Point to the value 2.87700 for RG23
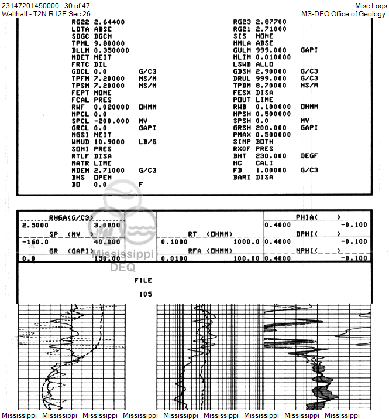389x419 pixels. click(x=271, y=22)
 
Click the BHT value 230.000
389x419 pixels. click(x=271, y=156)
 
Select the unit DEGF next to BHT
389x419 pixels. click(x=309, y=156)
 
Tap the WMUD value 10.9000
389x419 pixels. click(x=111, y=142)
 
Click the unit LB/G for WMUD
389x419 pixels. click(x=148, y=142)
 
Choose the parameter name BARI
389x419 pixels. click(x=242, y=177)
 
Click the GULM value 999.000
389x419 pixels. click(x=271, y=50)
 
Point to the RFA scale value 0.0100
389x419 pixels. click(x=173, y=258)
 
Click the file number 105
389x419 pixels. click(x=145, y=294)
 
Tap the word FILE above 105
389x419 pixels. click(x=143, y=281)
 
